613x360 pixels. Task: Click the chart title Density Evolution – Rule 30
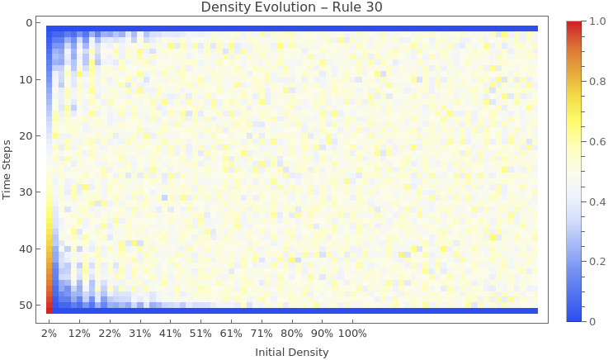pyautogui.click(x=292, y=8)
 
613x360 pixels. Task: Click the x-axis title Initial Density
pyautogui.click(x=292, y=353)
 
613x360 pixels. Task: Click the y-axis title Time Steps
pyautogui.click(x=8, y=168)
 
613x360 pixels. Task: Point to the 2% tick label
pyautogui.click(x=50, y=334)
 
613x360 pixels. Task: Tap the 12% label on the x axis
pyautogui.click(x=79, y=334)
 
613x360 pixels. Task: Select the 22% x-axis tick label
pyautogui.click(x=110, y=334)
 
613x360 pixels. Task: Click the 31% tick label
pyautogui.click(x=140, y=334)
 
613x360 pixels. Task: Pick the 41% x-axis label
pyautogui.click(x=170, y=334)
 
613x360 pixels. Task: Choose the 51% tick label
pyautogui.click(x=200, y=334)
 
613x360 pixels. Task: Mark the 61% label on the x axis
pyautogui.click(x=231, y=334)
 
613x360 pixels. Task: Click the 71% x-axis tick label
pyautogui.click(x=262, y=334)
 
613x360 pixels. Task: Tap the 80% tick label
pyautogui.click(x=292, y=334)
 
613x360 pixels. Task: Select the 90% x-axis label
pyautogui.click(x=322, y=334)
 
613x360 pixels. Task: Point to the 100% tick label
pyautogui.click(x=352, y=334)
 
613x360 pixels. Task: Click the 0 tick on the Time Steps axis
pyautogui.click(x=28, y=23)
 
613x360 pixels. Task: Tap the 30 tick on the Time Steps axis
pyautogui.click(x=25, y=192)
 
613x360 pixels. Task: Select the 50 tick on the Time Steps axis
pyautogui.click(x=25, y=306)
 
